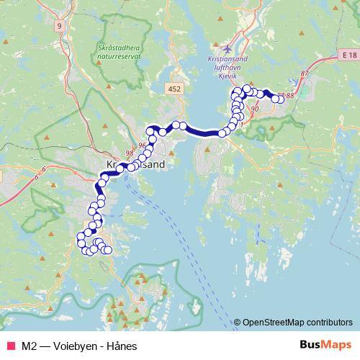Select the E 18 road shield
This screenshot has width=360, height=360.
350,55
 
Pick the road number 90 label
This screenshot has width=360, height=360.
256,109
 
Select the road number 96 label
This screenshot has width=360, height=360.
142,145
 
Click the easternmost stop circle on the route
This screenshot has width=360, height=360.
281,100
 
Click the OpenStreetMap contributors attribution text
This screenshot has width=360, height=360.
297,322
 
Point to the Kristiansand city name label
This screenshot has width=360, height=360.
136,164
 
